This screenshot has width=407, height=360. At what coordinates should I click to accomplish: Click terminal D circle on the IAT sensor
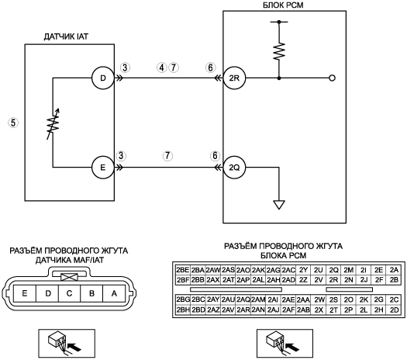tap(103, 78)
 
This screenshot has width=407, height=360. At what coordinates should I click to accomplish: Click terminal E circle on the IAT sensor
tap(103, 168)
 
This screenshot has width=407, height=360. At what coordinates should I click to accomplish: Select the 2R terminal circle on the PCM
tap(234, 78)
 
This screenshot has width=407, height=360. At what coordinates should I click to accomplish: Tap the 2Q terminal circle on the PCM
tap(234, 168)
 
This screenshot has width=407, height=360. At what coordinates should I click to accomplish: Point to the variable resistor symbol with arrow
tap(53, 124)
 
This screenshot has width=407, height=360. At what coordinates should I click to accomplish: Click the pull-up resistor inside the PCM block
tap(279, 51)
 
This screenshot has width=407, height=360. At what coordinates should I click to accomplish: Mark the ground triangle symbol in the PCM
tap(279, 205)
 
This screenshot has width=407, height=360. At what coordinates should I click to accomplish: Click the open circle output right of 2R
tap(332, 78)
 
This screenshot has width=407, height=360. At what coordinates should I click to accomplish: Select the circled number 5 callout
tap(13, 123)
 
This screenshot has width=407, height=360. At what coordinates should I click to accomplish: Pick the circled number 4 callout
tap(162, 67)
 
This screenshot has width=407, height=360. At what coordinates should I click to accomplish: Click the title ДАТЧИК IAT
tap(66, 36)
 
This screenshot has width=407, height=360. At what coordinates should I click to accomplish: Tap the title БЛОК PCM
tap(283, 5)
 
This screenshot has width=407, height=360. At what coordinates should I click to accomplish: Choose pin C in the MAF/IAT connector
tap(69, 293)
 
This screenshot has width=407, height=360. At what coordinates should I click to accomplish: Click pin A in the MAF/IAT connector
tap(114, 293)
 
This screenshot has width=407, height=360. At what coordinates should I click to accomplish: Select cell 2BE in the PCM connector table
tap(183, 270)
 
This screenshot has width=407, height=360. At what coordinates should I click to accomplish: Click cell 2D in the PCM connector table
tap(394, 310)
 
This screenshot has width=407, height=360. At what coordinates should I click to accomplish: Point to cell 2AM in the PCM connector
tap(258, 299)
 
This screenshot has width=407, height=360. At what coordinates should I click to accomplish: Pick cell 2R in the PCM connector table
tap(333, 280)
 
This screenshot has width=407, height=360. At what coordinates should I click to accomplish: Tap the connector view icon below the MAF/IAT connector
tap(67, 344)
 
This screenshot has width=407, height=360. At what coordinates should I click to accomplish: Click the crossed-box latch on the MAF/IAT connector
tap(69, 277)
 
